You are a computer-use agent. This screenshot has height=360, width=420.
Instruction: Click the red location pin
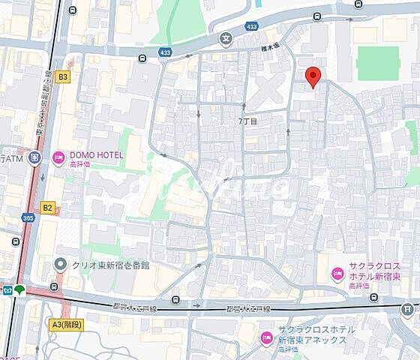314,76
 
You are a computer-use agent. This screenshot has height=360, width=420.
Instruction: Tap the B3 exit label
63,76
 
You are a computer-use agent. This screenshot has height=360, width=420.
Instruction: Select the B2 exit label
48,207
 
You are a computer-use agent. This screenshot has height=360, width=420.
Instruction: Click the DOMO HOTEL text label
97,155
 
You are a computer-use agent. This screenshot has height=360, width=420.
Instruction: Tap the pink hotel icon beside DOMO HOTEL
58,156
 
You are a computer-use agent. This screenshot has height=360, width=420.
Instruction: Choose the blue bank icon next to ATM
34,157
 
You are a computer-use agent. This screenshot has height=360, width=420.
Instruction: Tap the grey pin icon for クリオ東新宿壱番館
61,265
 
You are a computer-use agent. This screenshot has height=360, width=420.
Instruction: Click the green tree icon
20,289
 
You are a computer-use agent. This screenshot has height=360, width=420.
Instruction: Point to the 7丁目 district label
247,121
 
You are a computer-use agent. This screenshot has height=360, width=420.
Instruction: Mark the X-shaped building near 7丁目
265,91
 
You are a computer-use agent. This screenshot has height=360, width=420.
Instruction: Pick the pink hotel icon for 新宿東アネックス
265,338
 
